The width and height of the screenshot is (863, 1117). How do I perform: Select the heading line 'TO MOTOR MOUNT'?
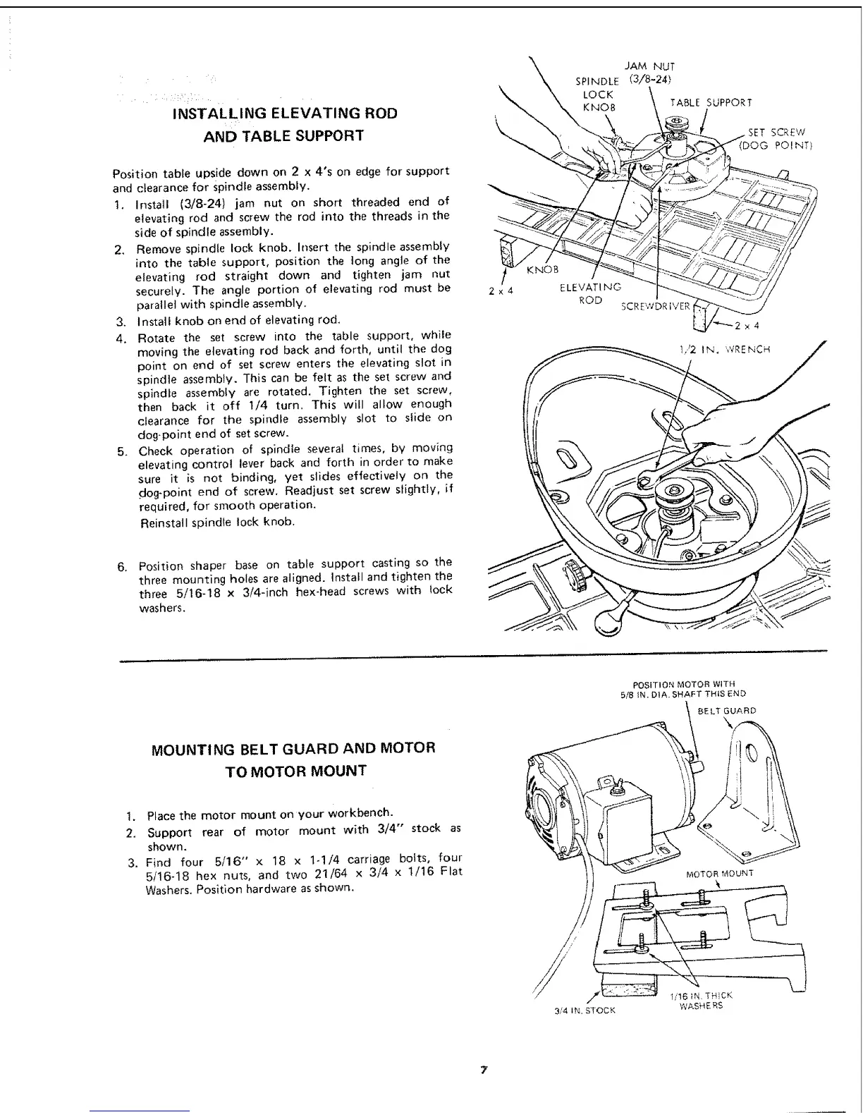(x=295, y=770)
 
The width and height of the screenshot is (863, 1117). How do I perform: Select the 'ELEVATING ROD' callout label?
(x=590, y=293)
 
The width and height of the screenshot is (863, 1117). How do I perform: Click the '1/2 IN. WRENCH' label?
(x=723, y=348)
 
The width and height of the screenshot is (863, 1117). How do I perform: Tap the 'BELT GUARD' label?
(x=726, y=711)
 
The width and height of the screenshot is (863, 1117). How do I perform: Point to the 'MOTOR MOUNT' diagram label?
(x=719, y=873)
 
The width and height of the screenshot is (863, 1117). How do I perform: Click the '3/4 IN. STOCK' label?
(x=584, y=1010)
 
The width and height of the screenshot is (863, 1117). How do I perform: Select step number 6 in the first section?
(x=122, y=567)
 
